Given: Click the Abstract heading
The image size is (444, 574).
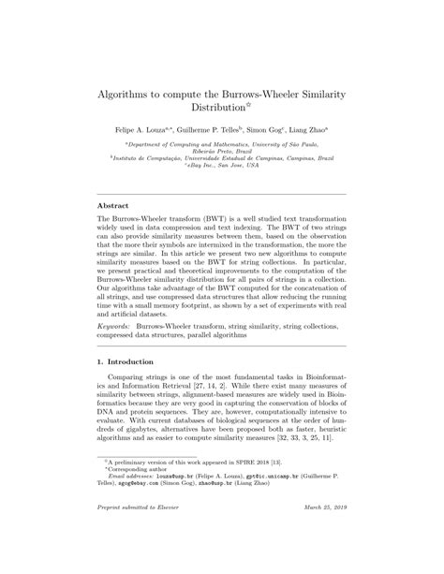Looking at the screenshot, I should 115,228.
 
